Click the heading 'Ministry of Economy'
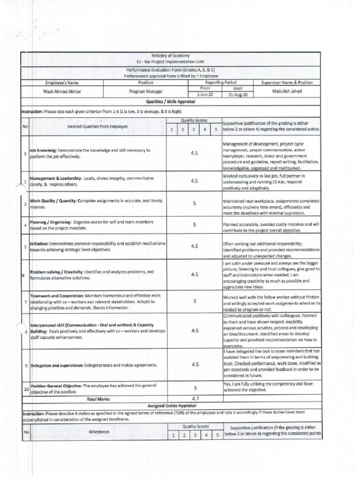[x=170, y=56]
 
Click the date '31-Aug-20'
[x=238, y=94]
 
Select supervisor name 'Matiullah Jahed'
[x=287, y=91]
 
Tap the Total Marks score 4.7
[x=195, y=398]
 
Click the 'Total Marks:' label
[x=98, y=399]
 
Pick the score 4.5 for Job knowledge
[x=195, y=153]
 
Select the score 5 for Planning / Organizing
[x=195, y=225]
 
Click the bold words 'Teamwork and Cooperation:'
[x=57, y=296]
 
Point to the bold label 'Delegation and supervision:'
[x=56, y=365]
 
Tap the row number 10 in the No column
[x=26, y=389]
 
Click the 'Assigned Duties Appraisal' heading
[x=172, y=405]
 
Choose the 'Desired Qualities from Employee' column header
[x=97, y=127]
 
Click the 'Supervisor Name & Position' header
[x=287, y=82]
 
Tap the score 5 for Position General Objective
[x=195, y=388]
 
